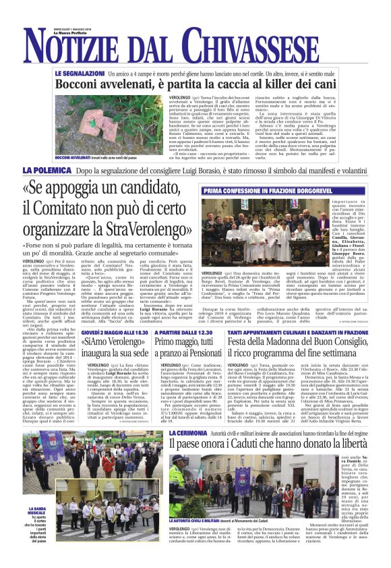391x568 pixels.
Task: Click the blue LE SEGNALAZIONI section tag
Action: point(80,72)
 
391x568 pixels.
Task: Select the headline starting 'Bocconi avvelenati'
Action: point(195,85)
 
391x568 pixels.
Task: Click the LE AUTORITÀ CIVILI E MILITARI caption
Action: point(195,540)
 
